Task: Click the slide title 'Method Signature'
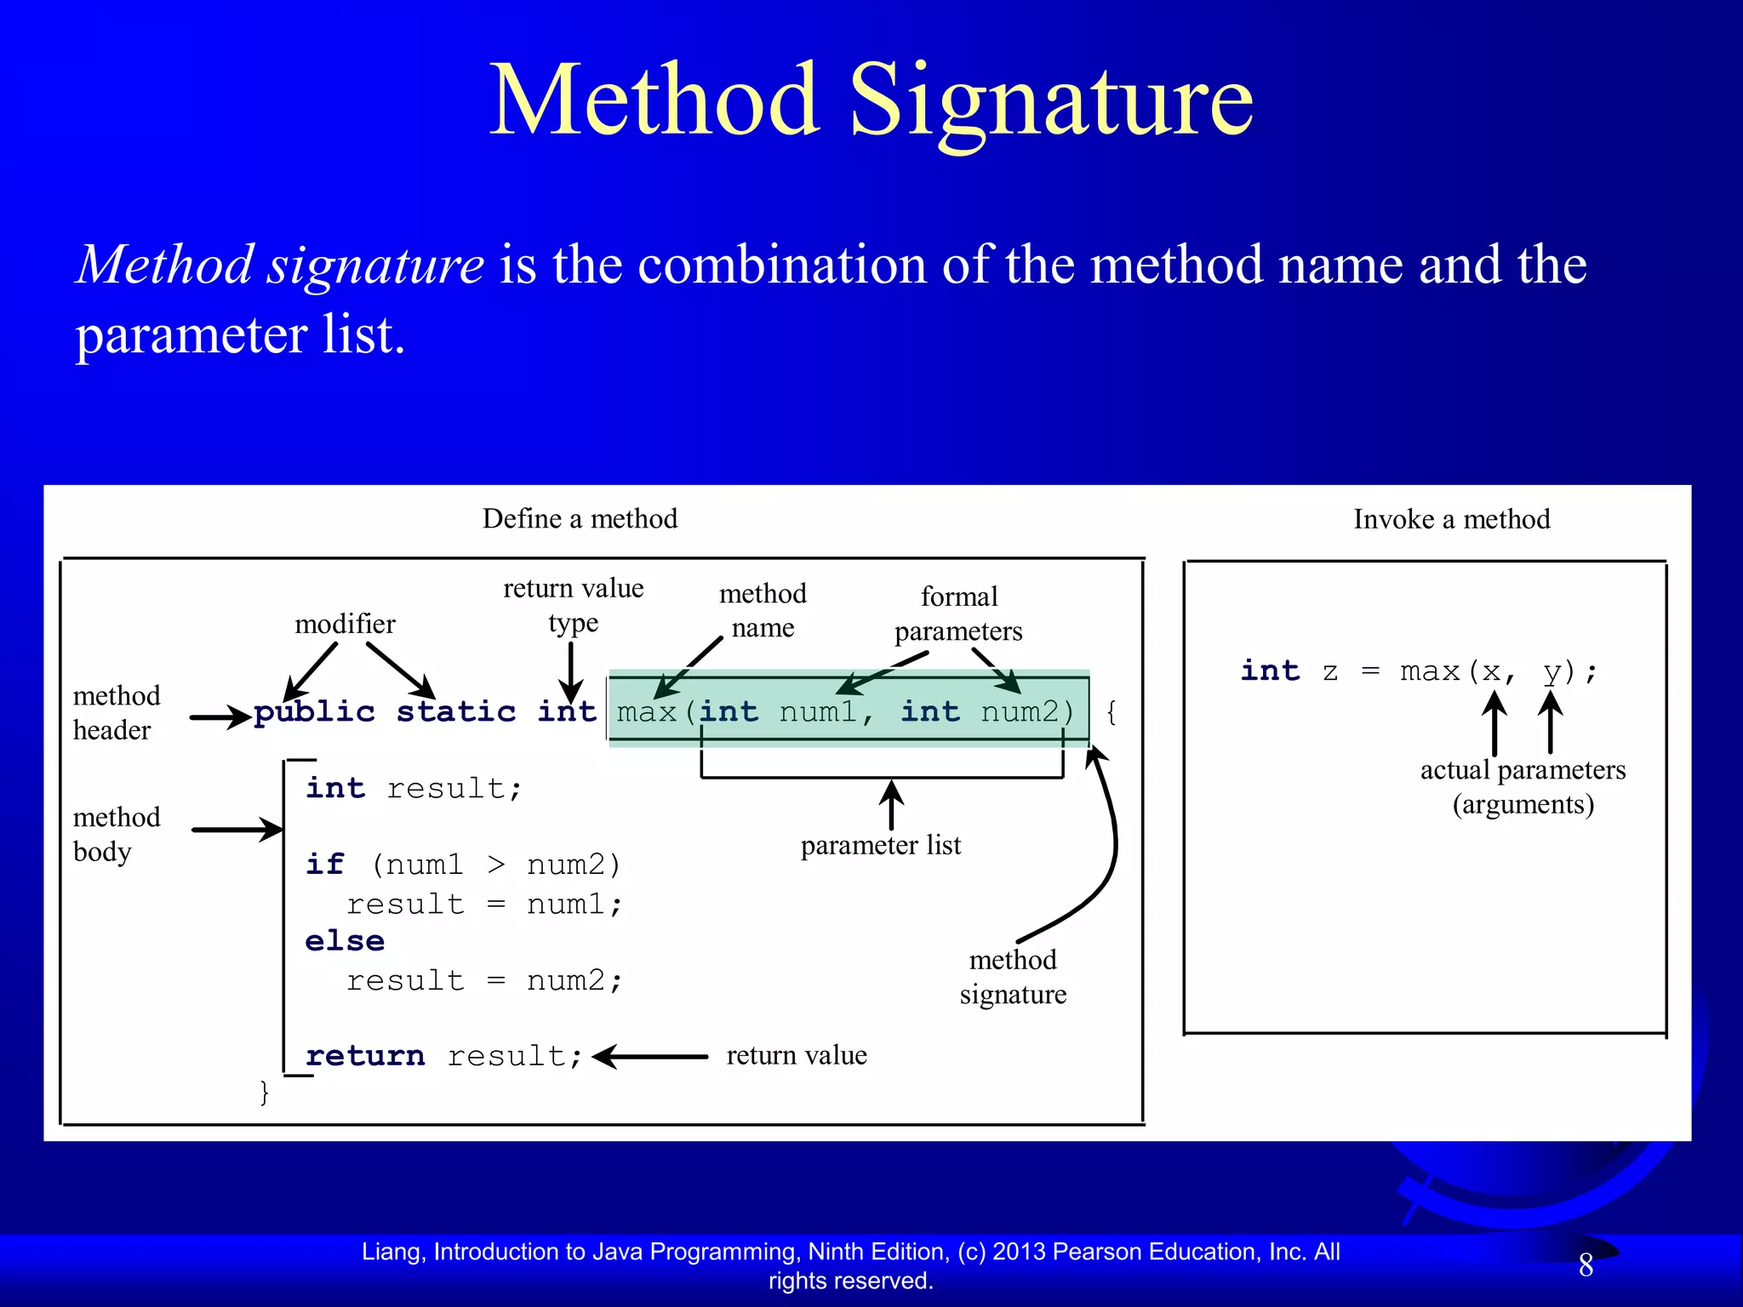tap(871, 100)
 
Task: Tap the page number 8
tap(1586, 1265)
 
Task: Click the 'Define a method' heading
tap(580, 519)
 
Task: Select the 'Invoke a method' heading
tap(1451, 519)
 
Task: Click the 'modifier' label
tap(345, 625)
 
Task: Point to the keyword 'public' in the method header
tap(314, 712)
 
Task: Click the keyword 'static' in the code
tap(456, 712)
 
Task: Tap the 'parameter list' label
tap(880, 845)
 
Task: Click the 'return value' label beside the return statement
tap(797, 1055)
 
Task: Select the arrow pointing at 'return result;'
tap(650, 1057)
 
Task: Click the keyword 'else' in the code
tap(345, 941)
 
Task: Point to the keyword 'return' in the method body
tap(365, 1056)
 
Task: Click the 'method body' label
tap(117, 835)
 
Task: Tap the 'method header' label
tap(117, 713)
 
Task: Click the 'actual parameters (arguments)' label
tap(1523, 787)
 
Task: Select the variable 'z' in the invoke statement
tap(1330, 672)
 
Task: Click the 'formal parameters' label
tap(958, 614)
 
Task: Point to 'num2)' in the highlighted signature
tap(1028, 712)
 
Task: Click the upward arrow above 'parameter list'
tap(891, 804)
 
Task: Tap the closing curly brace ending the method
tap(265, 1092)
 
